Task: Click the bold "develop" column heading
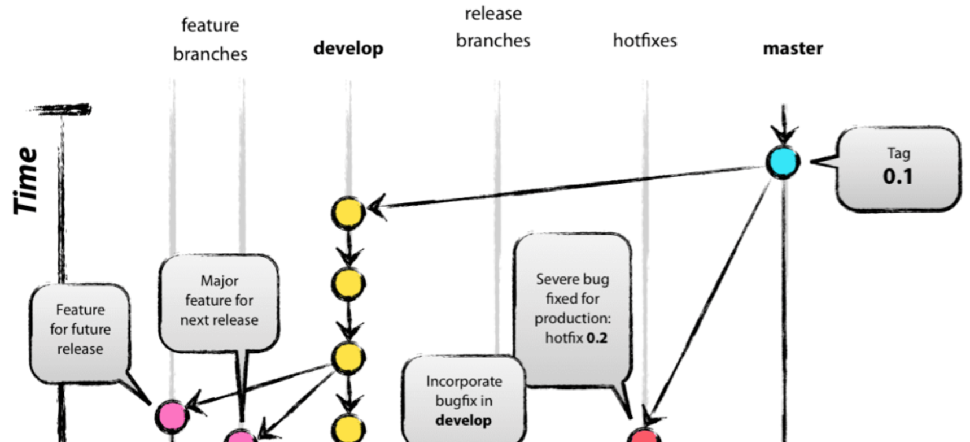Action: coord(348,49)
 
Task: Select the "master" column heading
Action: coord(793,49)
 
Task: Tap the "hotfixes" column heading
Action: coord(645,41)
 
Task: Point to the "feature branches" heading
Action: coord(210,40)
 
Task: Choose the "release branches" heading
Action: coord(493,27)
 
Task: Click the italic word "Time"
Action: coord(26,181)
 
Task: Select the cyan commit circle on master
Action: coord(783,162)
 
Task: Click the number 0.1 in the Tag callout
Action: coord(898,176)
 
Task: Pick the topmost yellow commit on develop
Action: coord(348,213)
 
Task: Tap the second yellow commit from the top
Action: coord(348,284)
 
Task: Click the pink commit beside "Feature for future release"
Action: coord(172,416)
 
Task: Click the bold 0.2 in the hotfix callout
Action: coord(597,338)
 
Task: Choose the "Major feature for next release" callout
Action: coord(219,301)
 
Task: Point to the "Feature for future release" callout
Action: coord(80,330)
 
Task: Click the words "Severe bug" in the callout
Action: coord(572,279)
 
